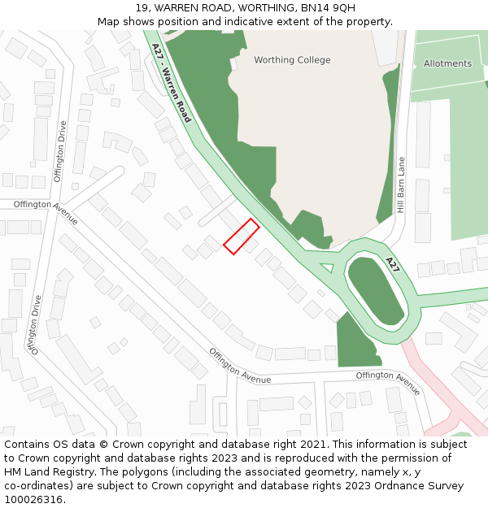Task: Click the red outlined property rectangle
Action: (242, 237)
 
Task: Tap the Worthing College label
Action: (292, 60)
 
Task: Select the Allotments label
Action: (447, 63)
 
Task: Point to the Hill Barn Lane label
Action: (401, 185)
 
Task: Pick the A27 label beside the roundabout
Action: (393, 264)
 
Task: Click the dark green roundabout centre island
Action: (376, 291)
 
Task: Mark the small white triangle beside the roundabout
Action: (327, 267)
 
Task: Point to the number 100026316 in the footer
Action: (33, 499)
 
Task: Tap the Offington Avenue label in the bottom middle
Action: (240, 367)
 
